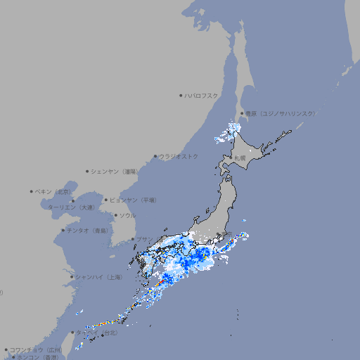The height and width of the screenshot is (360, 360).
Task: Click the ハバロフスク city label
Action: tap(202, 95)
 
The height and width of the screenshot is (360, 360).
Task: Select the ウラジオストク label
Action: tap(179, 156)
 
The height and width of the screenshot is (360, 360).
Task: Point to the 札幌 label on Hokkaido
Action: tap(240, 158)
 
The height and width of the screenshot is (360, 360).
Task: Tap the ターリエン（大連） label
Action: tap(70, 208)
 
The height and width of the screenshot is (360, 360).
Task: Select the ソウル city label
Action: tap(127, 215)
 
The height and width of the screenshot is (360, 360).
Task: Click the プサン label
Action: tap(143, 239)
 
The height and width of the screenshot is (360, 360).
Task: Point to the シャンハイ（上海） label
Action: tap(99, 278)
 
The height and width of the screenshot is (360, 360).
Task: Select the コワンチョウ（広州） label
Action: tap(36, 349)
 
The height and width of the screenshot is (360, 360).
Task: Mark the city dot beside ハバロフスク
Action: tap(181, 95)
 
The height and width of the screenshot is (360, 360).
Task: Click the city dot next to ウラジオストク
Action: tap(155, 156)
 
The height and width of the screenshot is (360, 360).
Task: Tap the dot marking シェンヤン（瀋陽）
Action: tap(87, 171)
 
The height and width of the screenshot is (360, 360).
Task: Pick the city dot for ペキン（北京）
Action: tap(32, 191)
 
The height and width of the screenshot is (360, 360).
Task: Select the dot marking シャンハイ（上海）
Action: tap(72, 277)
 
